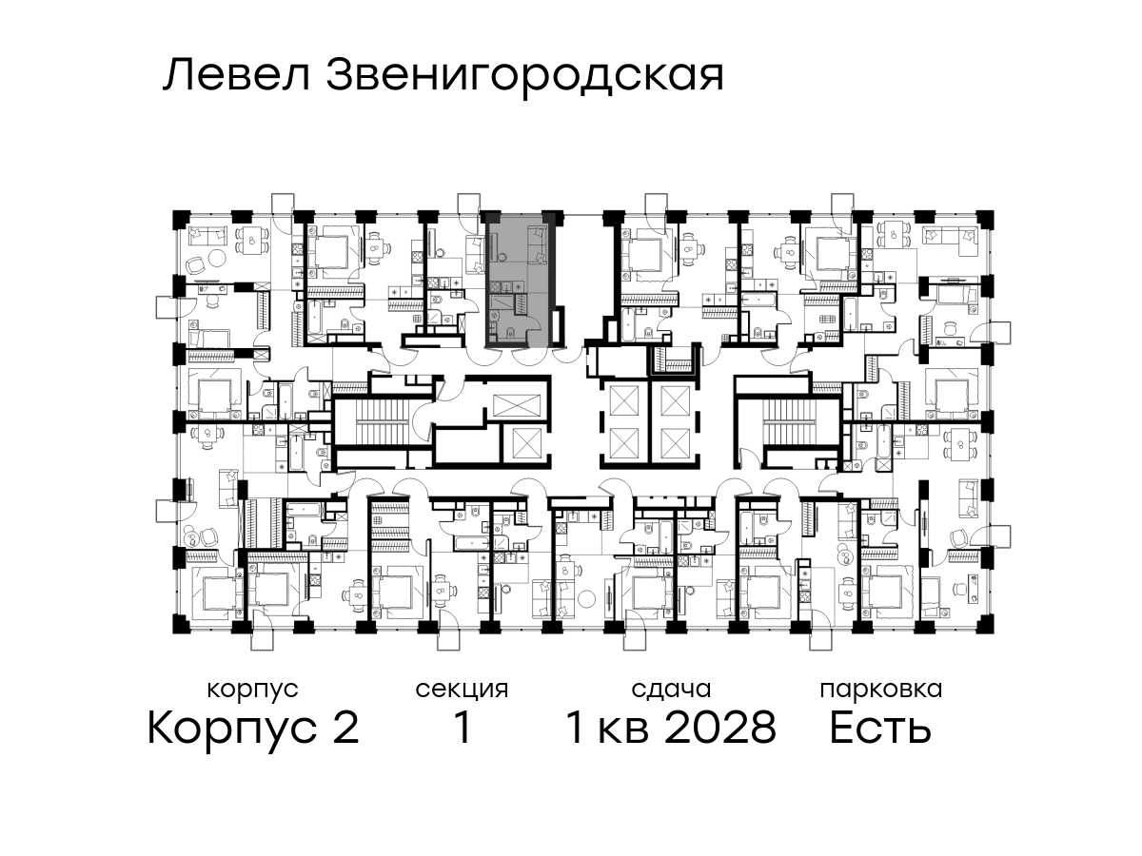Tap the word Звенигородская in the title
(524, 77)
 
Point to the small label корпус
(252, 691)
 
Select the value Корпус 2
(253, 729)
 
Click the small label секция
(462, 690)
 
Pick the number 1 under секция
(463, 729)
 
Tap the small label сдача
(671, 691)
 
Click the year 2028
(720, 729)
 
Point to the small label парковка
(881, 691)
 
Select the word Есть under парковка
(880, 729)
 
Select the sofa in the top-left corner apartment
(208, 236)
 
